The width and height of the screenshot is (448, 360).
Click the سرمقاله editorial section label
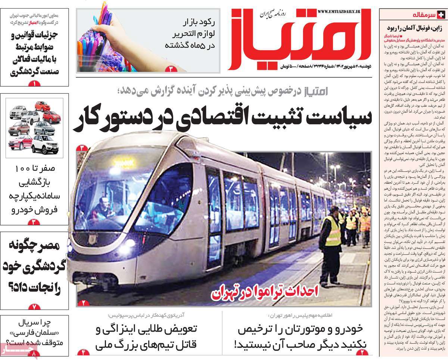click(x=427, y=15)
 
